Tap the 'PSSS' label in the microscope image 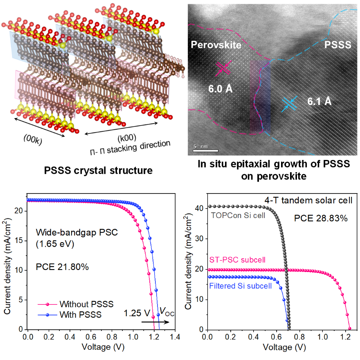pyautogui.click(x=338, y=45)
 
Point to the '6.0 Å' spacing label pyautogui.click(x=220, y=88)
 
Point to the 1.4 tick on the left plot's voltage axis pyautogui.click(x=175, y=336)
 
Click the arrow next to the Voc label pyautogui.click(x=155, y=322)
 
